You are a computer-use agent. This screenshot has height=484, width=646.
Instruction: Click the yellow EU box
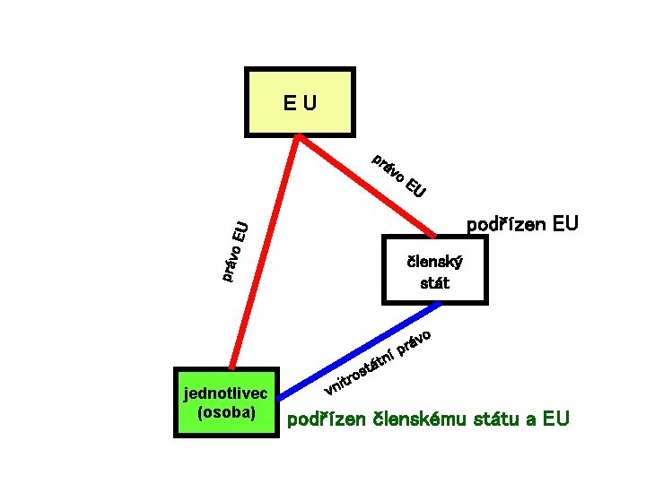(x=300, y=101)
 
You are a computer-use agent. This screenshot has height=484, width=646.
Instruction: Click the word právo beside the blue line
(x=416, y=342)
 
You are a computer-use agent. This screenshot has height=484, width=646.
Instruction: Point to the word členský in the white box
(x=434, y=264)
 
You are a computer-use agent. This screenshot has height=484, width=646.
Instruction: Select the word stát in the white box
(x=434, y=283)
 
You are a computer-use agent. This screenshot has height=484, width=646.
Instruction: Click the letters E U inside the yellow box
(x=300, y=102)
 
